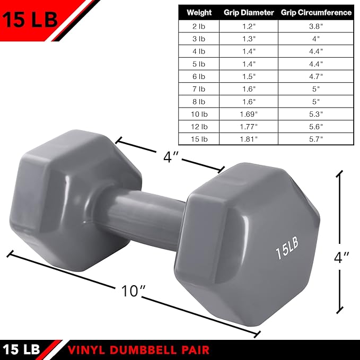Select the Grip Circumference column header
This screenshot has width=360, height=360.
(x=316, y=12)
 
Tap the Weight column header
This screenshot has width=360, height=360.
(x=199, y=12)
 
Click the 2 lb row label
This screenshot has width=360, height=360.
(x=199, y=25)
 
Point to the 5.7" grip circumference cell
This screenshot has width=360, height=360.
(x=316, y=139)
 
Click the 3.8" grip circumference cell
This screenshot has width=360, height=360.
(x=316, y=25)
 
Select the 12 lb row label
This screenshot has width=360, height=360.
(x=199, y=126)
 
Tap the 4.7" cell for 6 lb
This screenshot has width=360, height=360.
(x=316, y=76)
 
